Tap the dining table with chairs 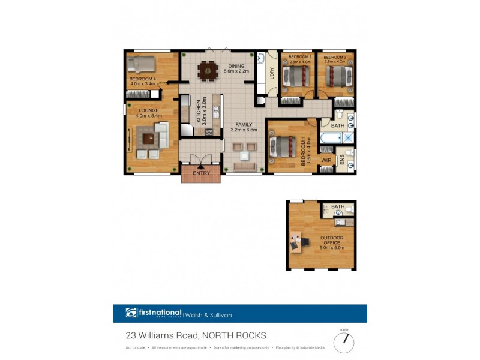tap(208, 71)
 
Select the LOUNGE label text tap(148, 111)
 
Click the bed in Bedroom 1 tap(283, 146)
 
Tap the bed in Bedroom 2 tap(296, 76)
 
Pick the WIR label tap(326, 160)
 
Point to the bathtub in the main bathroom tap(331, 138)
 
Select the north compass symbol tap(344, 342)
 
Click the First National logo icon tap(131, 313)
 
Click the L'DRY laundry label tap(272, 73)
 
